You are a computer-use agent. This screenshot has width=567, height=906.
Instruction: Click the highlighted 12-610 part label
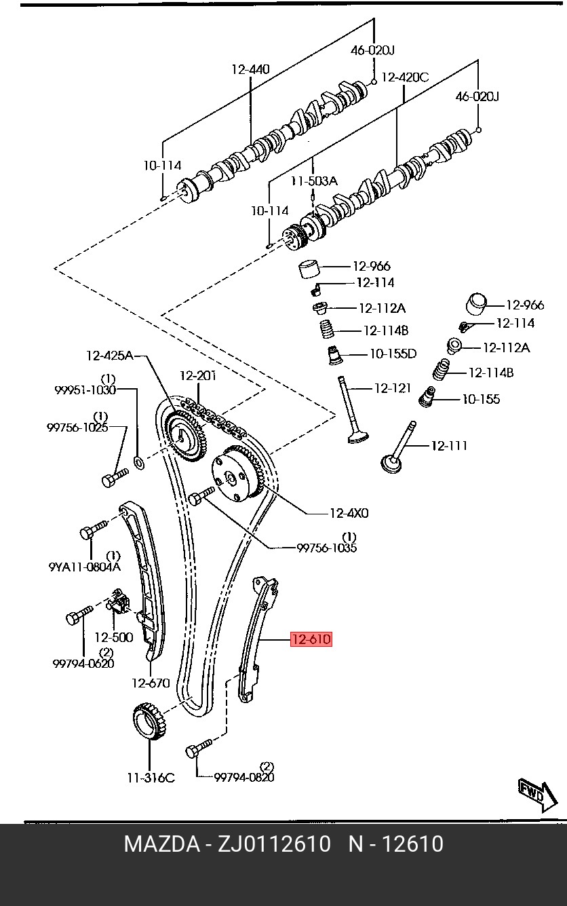pos(311,639)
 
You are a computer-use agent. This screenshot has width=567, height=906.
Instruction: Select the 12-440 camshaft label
pos(250,69)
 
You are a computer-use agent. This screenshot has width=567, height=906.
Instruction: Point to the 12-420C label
pos(405,77)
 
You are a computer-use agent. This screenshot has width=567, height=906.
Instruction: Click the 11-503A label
pos(315,181)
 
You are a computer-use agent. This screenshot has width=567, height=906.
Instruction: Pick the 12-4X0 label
pos(349,513)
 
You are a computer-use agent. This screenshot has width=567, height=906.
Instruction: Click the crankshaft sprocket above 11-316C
pos(151,723)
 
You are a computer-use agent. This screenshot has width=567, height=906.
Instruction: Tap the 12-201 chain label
pos(198,376)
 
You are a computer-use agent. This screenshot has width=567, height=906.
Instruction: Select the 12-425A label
pos(109,356)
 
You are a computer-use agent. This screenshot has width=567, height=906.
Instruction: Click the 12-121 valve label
pos(393,388)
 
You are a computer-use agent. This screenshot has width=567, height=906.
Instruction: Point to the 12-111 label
pos(449,446)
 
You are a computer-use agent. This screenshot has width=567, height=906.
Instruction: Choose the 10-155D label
pos(393,354)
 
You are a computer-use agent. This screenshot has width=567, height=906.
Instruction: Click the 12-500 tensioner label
pos(113,637)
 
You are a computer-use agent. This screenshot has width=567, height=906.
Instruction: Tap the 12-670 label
pos(151,683)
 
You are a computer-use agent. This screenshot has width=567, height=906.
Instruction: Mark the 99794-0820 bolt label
pos(244,777)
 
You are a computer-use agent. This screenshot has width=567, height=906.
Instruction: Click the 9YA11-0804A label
pos(85,567)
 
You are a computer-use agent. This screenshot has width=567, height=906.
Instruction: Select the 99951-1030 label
pos(85,390)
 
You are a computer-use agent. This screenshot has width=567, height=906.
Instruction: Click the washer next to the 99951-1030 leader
pos(138,461)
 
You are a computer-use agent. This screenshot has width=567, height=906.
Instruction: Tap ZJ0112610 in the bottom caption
pos(275,844)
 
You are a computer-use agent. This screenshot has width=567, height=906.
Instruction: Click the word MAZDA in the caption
pos(162,844)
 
